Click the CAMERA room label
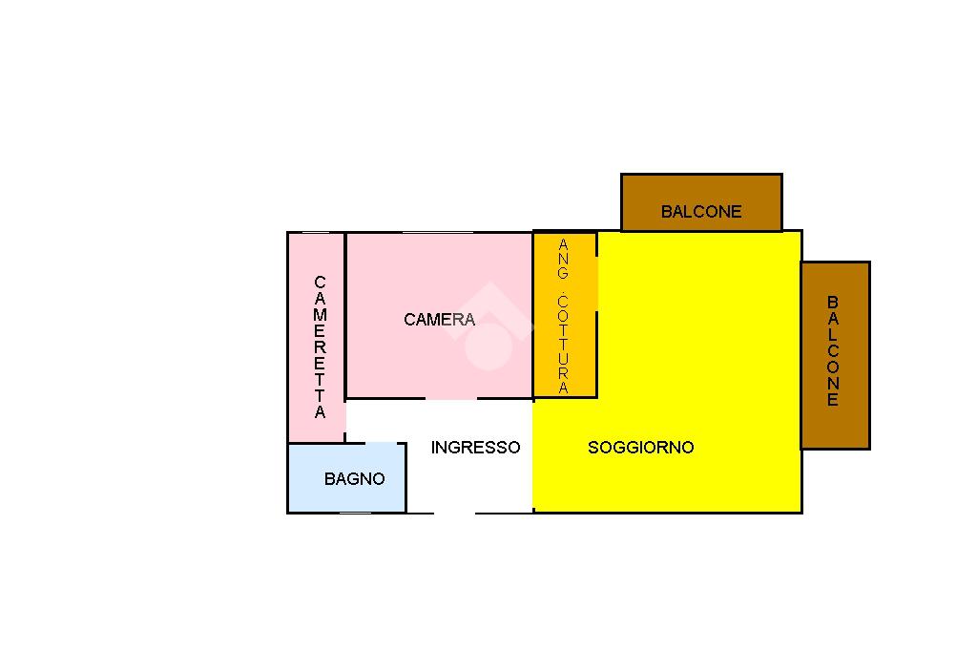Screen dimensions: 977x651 pos(439,320)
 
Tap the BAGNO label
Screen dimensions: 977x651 pos(355,479)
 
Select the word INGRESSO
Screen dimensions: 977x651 pos(475,447)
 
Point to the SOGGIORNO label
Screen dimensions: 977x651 pos(640,447)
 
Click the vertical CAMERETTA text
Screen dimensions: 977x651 pos(320,347)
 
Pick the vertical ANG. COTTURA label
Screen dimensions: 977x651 pos(564,317)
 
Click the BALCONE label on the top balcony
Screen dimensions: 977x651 pos(701,212)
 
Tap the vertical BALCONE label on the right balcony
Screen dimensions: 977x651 pos(833,351)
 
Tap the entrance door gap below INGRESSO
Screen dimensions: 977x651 pos(455,513)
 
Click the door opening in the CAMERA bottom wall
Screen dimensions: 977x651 pos(451,398)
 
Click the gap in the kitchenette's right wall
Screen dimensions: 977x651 pos(597,283)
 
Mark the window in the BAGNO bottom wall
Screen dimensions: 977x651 pos(355,513)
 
